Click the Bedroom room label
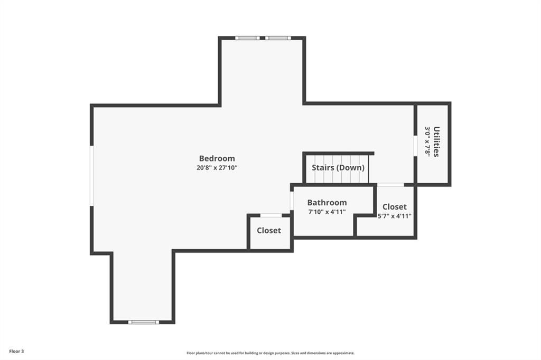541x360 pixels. coord(217,158)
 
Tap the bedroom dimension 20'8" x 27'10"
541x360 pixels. coord(217,168)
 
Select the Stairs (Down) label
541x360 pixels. coord(338,167)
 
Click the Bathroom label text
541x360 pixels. coord(327,202)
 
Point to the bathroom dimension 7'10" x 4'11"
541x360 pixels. coord(327,212)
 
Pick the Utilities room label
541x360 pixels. coord(436,141)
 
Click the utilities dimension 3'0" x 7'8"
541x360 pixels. coord(427,141)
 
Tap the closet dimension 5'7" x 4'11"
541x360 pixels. coord(394,216)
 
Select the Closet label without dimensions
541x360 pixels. coord(269,230)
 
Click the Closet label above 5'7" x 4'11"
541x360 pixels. coord(394,206)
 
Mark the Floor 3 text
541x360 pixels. coord(16,352)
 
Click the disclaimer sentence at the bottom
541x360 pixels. coord(270,353)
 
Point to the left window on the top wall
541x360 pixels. coord(247,38)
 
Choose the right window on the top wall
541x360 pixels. coord(278,38)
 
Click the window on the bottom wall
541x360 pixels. coord(144,322)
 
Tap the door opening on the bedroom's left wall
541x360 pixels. coord(92,176)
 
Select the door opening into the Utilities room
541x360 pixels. coord(415,147)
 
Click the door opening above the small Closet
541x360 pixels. coord(271,215)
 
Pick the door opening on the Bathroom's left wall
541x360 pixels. coord(292,201)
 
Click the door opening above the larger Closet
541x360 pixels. coord(390,185)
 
